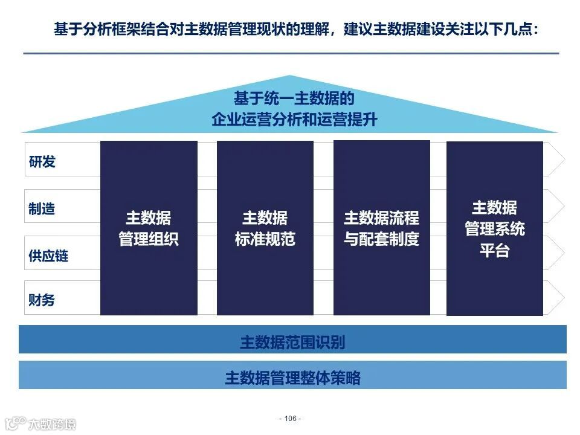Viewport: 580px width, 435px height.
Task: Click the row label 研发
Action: [42, 162]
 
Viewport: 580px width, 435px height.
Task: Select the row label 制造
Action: [42, 208]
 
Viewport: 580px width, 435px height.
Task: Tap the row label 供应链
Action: [48, 256]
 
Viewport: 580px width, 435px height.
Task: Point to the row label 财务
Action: [42, 300]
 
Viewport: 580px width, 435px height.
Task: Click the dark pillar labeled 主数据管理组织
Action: [149, 228]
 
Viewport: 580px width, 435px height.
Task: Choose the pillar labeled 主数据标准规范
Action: [265, 228]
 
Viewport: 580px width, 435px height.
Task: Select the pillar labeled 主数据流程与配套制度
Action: [381, 228]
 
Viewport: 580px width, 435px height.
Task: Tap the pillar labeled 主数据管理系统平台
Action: [494, 228]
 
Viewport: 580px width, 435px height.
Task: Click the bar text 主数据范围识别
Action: [292, 342]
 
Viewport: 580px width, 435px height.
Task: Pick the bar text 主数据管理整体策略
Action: [292, 378]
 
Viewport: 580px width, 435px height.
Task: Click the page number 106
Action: [291, 418]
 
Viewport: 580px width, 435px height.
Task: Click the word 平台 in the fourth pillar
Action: [494, 250]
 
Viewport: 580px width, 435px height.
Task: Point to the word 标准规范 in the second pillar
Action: [265, 239]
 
